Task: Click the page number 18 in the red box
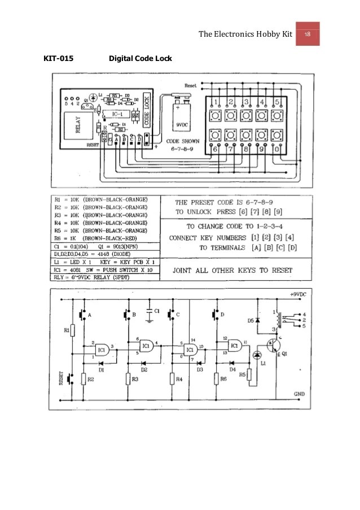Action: [308, 35]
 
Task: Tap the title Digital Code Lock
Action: [140, 59]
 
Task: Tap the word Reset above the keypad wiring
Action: [191, 86]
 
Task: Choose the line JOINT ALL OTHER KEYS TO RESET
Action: [232, 271]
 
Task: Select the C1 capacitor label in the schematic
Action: [157, 311]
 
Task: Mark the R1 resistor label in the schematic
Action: [67, 330]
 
